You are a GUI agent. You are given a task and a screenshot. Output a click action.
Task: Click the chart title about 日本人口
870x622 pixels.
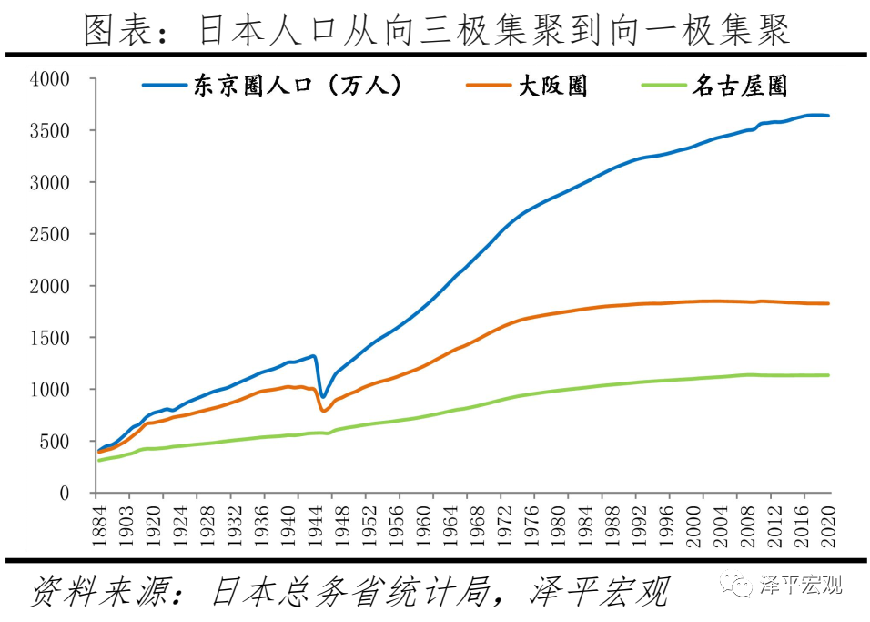tap(435, 29)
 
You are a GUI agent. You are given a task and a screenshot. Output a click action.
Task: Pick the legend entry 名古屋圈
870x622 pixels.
tap(738, 86)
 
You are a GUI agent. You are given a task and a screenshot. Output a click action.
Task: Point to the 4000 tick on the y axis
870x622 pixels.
tap(49, 79)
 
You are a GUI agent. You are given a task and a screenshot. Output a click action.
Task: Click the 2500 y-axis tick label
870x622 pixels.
tap(49, 234)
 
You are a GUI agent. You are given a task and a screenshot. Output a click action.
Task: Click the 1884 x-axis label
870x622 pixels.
tap(99, 525)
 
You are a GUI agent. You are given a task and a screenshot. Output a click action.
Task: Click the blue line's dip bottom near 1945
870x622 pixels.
tap(322, 397)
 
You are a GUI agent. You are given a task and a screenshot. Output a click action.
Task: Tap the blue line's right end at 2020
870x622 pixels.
tap(828, 116)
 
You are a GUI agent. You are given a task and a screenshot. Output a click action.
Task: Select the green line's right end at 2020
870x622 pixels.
tap(828, 375)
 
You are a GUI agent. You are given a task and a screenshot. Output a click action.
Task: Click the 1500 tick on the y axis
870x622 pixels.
tap(49, 338)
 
